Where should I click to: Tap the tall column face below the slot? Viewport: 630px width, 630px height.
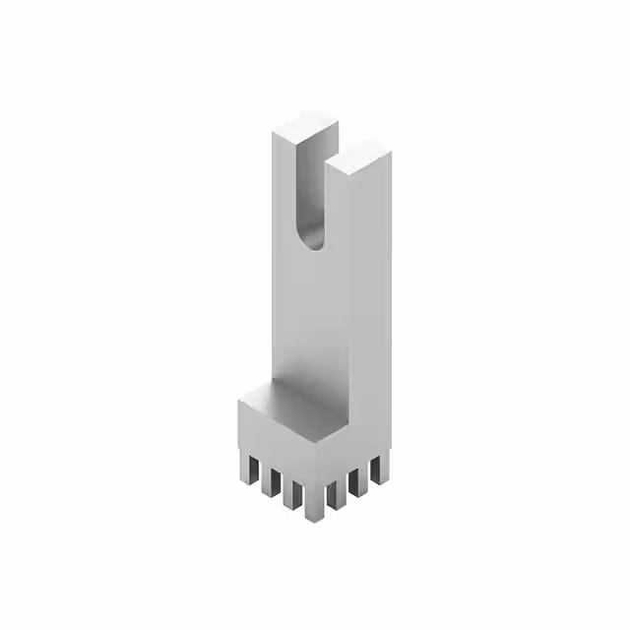(x=310, y=315)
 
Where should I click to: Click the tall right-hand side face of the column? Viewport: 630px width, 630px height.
(x=371, y=295)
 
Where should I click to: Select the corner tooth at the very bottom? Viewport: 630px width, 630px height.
(x=313, y=502)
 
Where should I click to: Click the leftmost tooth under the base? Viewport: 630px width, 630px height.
(x=245, y=470)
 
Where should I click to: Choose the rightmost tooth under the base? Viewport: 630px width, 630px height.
(x=376, y=472)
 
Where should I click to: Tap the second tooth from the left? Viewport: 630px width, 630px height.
(x=268, y=479)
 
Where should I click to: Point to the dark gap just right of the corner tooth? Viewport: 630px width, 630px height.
(x=324, y=497)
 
